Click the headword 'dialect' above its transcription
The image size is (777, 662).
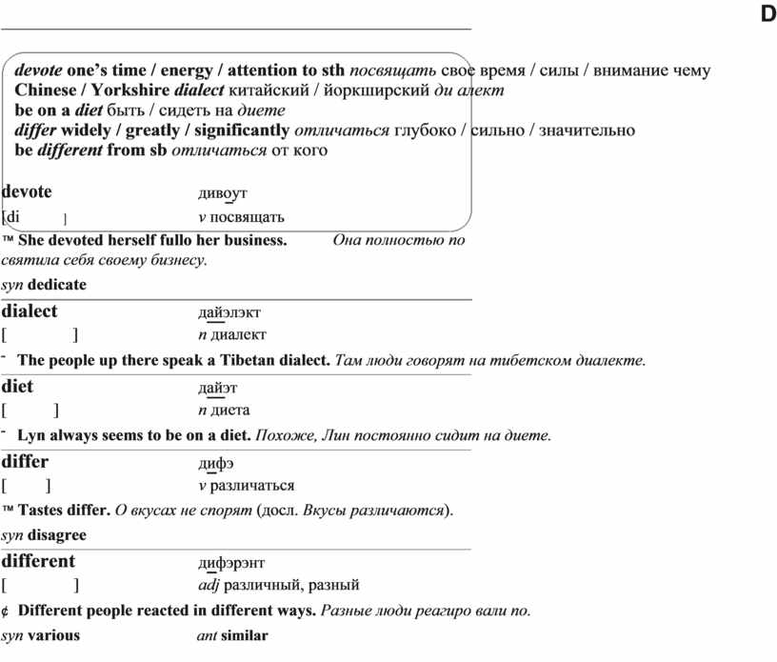coord(30,311)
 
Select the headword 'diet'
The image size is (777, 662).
coord(17,387)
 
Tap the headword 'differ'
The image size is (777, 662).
coord(26,462)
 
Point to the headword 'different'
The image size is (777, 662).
coord(38,561)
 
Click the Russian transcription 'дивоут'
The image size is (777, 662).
coord(223,193)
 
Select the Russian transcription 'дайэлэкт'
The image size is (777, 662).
coord(229,312)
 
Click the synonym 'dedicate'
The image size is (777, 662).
coord(57,285)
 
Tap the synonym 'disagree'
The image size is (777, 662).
coord(57,535)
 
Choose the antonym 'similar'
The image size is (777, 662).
coord(245,635)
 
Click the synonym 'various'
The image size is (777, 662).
coord(54,635)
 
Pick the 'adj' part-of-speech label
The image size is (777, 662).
coord(208,585)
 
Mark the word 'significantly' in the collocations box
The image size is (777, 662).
coord(242,130)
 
